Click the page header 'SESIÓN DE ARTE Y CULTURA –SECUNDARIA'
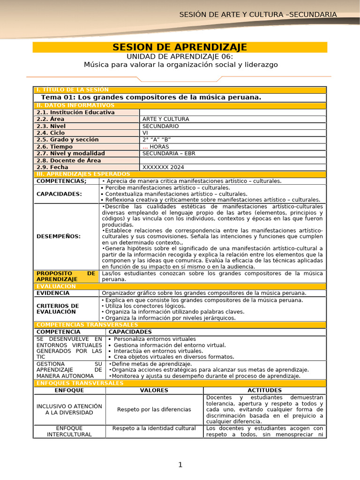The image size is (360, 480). pos(258,15)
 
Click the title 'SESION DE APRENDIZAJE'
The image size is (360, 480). pos(180,47)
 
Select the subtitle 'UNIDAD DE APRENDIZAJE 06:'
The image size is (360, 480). pos(180,56)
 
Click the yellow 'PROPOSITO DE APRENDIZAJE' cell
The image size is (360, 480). pos(66,276)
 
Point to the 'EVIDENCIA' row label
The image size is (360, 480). pos(53,293)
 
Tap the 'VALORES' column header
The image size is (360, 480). pos(154,390)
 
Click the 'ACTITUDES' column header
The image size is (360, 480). pos(264,390)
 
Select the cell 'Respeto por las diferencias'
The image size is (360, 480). pos(154,410)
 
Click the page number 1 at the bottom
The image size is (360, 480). pos(180,465)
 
